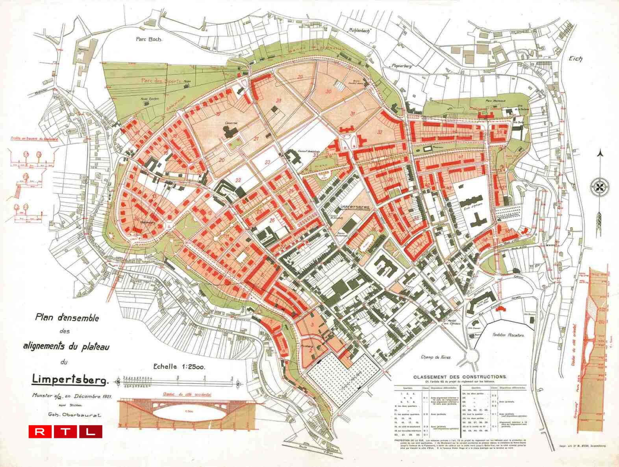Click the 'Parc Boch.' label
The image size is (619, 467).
tap(149, 39)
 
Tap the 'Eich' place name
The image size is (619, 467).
tap(575, 59)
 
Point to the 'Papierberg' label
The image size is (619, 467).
tap(402, 66)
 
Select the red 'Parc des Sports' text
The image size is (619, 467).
tap(161, 80)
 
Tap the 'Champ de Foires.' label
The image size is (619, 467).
tap(436, 357)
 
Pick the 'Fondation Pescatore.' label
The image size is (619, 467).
tap(508, 335)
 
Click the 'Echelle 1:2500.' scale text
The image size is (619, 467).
tap(179, 367)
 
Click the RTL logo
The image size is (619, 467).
tap(65, 432)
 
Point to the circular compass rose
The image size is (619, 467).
tap(600, 186)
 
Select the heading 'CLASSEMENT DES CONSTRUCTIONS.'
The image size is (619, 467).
tap(460, 377)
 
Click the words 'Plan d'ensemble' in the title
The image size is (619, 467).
tap(67, 317)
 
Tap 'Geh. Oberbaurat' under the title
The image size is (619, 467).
tap(74, 415)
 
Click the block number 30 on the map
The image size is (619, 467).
tap(328, 91)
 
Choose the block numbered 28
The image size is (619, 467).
tap(279, 101)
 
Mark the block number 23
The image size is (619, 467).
tap(268, 162)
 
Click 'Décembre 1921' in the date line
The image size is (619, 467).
tap(93, 396)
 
